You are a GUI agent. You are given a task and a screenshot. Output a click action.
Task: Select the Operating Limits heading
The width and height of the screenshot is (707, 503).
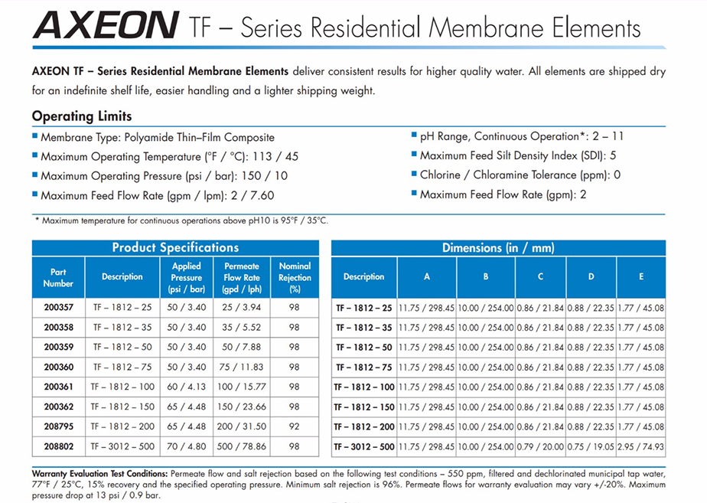pyautogui.click(x=82, y=116)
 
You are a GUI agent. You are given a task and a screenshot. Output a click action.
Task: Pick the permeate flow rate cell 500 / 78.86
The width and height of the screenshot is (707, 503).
pyautogui.click(x=242, y=446)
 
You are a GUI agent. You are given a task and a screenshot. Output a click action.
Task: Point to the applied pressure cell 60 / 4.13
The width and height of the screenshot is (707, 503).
pyautogui.click(x=187, y=387)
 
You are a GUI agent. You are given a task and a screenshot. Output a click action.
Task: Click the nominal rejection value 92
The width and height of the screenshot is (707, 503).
pyautogui.click(x=295, y=426)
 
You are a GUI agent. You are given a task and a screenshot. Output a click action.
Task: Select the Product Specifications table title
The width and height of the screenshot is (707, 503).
pyautogui.click(x=175, y=247)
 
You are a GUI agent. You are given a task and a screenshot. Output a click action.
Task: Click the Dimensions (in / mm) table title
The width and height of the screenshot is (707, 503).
pyautogui.click(x=498, y=247)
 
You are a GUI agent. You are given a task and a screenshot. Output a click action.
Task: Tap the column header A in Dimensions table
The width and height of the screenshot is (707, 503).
pyautogui.click(x=427, y=276)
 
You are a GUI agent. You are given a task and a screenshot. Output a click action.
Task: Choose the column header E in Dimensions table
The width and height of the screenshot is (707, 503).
pyautogui.click(x=641, y=276)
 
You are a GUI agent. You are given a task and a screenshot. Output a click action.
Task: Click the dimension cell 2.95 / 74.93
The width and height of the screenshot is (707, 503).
pyautogui.click(x=641, y=446)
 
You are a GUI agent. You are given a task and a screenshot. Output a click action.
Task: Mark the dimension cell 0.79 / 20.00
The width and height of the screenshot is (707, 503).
pyautogui.click(x=540, y=446)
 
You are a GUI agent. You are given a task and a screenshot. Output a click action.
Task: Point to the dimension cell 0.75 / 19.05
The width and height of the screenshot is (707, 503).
pyautogui.click(x=591, y=446)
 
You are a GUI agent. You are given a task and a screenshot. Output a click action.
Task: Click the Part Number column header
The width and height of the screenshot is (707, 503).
pyautogui.click(x=58, y=277)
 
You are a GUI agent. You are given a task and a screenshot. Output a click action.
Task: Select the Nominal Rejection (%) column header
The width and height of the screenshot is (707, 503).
pyautogui.click(x=295, y=277)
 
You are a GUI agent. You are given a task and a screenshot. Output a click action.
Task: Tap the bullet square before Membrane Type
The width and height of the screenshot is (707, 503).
pyautogui.click(x=35, y=136)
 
